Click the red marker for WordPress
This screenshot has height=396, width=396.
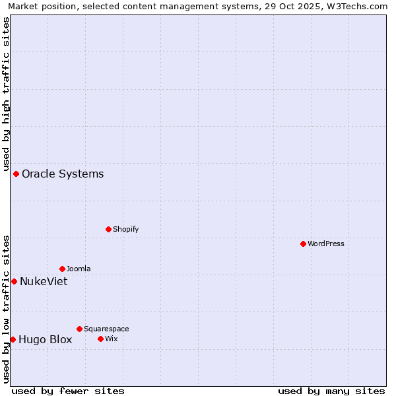tap(303, 244)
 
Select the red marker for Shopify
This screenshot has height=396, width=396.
tap(108, 229)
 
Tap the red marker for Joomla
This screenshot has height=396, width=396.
tap(62, 269)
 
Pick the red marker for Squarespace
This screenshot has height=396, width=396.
tap(79, 329)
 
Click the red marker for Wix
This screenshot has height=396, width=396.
tap(100, 339)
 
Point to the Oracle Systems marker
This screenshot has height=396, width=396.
tap(16, 174)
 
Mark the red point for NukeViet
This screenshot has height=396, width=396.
tap(14, 281)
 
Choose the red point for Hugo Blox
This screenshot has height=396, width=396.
tap(13, 339)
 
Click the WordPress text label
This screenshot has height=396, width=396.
tap(326, 244)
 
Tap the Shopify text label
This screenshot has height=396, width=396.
tap(125, 229)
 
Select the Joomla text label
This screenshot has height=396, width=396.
tap(79, 269)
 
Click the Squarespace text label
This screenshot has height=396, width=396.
tap(106, 329)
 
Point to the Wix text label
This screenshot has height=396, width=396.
tap(111, 339)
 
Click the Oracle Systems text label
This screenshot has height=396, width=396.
tap(63, 174)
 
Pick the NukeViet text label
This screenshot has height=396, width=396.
tap(44, 282)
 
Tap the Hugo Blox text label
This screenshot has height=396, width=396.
tap(45, 340)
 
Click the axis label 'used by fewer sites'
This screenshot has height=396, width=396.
tap(68, 391)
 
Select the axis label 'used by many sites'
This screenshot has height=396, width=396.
tap(331, 391)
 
